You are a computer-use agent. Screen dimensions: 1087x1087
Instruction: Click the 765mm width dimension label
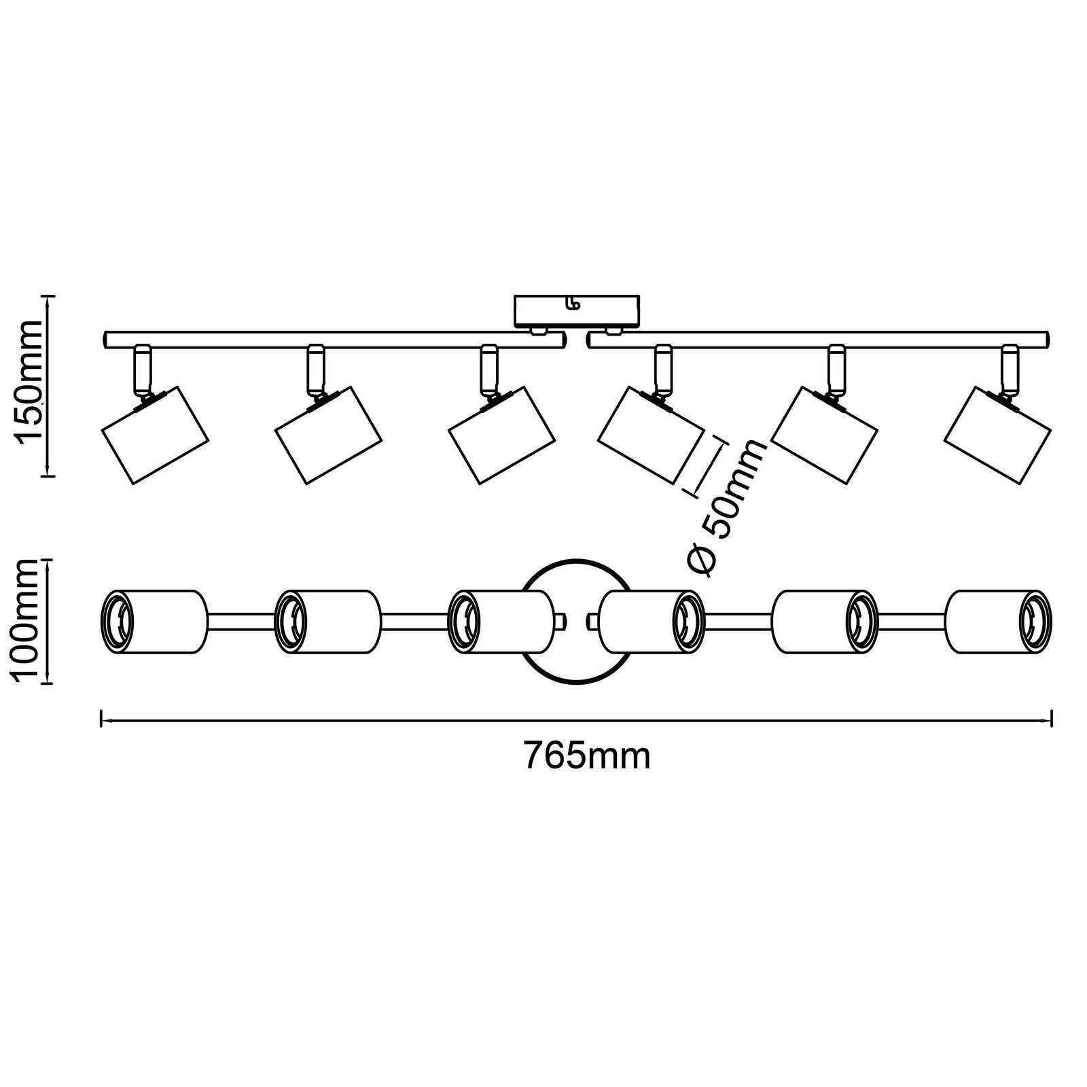click(587, 755)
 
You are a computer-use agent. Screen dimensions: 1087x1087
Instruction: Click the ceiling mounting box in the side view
click(577, 310)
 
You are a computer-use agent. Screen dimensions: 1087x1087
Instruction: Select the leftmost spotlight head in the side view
click(154, 435)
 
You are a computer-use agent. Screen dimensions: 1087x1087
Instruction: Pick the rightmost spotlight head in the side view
click(997, 435)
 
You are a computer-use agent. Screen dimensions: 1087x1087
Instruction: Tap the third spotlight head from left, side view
click(501, 435)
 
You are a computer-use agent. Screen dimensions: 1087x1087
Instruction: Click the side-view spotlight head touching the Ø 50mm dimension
click(651, 435)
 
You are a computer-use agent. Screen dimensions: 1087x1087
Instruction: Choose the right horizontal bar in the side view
click(819, 340)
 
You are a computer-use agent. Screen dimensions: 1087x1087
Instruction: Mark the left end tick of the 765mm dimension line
click(101, 718)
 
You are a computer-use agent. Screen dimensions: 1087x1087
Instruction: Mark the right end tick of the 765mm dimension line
click(1052, 718)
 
